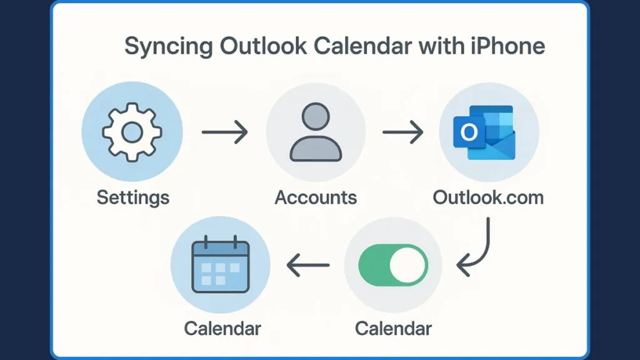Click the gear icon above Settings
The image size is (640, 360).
(132, 132)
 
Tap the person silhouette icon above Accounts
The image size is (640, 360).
(316, 132)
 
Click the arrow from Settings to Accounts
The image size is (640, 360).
(225, 132)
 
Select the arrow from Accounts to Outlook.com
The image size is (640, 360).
(403, 132)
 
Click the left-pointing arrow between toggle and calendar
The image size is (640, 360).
(307, 266)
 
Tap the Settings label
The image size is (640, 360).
(132, 198)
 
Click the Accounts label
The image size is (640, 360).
(316, 198)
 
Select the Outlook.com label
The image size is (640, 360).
(488, 198)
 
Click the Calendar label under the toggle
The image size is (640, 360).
(393, 327)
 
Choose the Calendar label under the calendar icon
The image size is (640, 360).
(222, 327)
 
